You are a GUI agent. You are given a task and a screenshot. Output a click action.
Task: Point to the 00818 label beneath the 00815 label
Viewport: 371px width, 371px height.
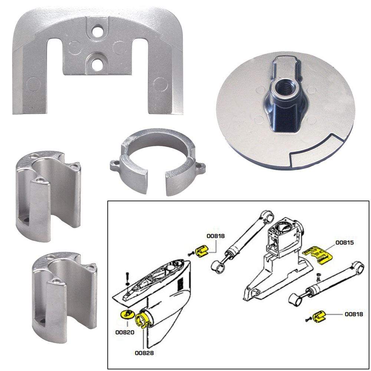354,314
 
